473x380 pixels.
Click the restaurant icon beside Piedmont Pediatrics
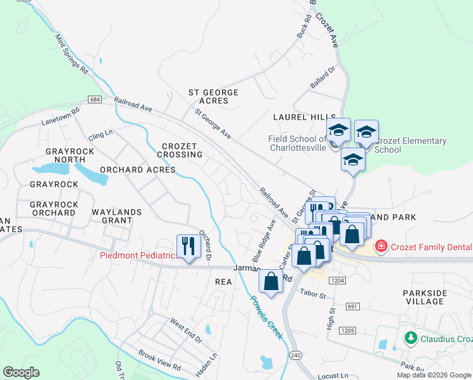click(x=188, y=246)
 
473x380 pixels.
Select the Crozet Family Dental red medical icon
click(x=381, y=246)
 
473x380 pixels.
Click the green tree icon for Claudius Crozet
click(x=411, y=338)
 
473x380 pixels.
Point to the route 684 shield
click(x=95, y=100)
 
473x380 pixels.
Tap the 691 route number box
click(x=353, y=306)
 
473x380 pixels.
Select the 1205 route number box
click(x=347, y=330)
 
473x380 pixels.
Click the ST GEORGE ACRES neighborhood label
click(x=214, y=97)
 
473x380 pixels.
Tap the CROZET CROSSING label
click(x=182, y=150)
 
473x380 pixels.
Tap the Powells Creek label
click(x=266, y=317)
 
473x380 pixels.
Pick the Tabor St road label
click(x=312, y=294)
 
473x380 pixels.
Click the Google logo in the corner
click(x=21, y=372)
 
